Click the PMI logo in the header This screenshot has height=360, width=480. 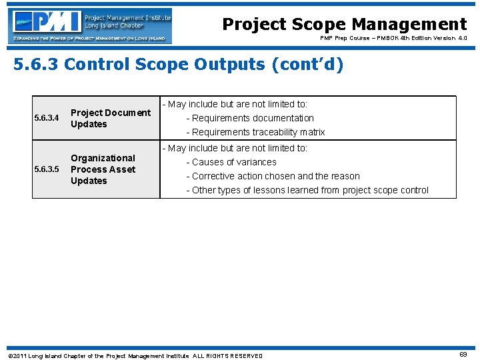coord(91,25)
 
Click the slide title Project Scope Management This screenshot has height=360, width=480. coord(344,25)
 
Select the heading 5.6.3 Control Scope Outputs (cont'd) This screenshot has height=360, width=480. coord(178,65)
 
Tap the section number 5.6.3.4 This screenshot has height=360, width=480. coord(47,119)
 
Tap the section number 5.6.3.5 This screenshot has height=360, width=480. coord(47,169)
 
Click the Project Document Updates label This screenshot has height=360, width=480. coord(110,119)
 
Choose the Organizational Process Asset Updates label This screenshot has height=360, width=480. coord(103,169)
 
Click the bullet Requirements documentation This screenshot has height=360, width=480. coord(250,118)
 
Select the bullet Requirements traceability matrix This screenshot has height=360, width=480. coord(255,132)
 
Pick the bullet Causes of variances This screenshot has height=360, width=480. coord(231,162)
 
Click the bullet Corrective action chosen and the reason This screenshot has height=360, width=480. coord(273,176)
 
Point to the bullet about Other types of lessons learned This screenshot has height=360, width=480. coord(307,190)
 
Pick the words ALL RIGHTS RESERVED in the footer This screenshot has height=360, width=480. coord(228,356)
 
